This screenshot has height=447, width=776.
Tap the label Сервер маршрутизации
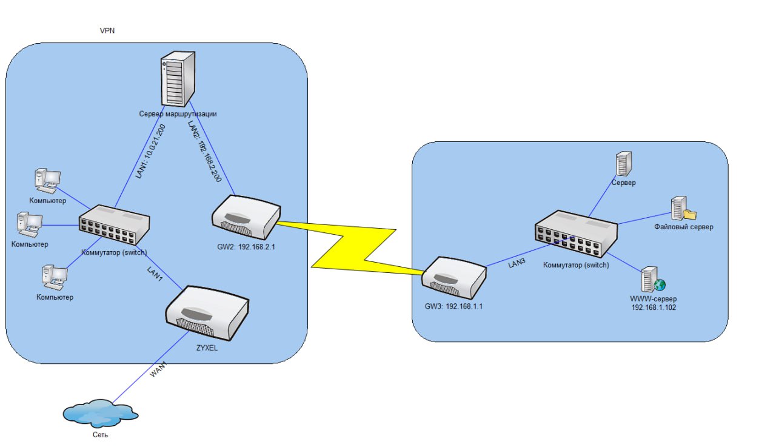pos(178,113)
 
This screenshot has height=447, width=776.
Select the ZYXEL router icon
pos(207,312)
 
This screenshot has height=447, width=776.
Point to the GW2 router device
pos(246,217)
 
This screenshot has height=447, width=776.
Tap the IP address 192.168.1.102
pos(653,308)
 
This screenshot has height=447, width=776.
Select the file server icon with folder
pos(682,208)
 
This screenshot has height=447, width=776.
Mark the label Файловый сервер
pos(683,227)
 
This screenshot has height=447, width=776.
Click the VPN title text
pos(107,30)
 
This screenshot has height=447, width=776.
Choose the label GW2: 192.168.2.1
pos(246,247)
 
